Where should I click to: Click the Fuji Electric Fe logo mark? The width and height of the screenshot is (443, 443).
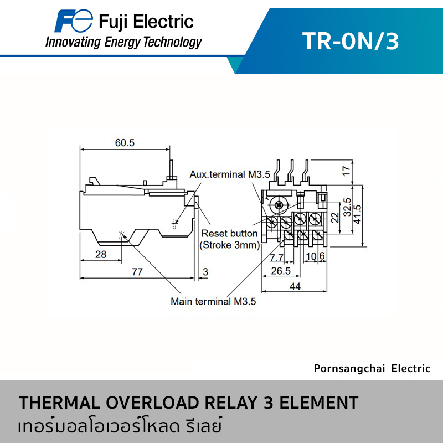click(74, 20)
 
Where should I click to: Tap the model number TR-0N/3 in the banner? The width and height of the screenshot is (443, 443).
click(351, 41)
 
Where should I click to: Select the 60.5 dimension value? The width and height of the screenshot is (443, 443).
click(125, 143)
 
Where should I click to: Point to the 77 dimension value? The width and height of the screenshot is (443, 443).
click(137, 272)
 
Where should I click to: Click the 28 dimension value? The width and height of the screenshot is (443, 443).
click(101, 254)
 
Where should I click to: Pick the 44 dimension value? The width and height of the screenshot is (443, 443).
click(295, 286)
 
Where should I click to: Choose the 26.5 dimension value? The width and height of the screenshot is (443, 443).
click(281, 271)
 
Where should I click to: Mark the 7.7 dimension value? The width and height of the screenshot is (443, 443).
click(276, 257)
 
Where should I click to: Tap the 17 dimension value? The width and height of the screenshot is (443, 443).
click(347, 171)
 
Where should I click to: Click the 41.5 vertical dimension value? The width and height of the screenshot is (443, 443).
click(357, 215)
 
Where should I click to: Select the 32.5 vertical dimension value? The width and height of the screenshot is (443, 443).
click(347, 207)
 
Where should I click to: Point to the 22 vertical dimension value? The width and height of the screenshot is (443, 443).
click(335, 218)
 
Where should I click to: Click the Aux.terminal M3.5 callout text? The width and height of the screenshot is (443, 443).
click(230, 174)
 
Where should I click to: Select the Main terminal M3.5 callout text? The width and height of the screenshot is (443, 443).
click(213, 301)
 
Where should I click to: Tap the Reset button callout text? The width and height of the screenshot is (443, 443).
click(229, 233)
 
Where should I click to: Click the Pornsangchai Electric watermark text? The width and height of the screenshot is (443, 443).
click(372, 369)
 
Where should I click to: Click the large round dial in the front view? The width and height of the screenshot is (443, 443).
click(279, 205)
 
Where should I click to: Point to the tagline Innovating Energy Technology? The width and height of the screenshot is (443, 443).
click(123, 43)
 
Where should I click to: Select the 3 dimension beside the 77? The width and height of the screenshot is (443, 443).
click(205, 272)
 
